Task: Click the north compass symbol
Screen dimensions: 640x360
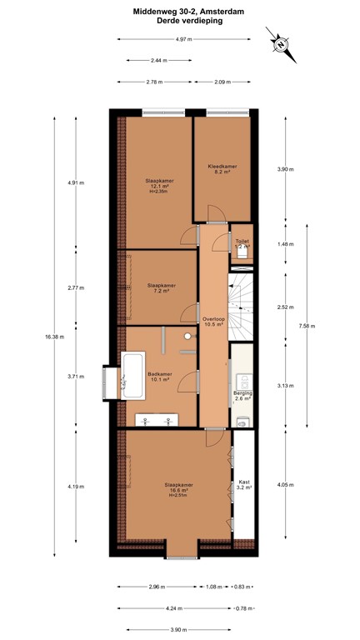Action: [282, 44]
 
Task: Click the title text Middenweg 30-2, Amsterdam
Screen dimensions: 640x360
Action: [179, 12]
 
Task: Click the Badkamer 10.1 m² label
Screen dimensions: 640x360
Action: [160, 377]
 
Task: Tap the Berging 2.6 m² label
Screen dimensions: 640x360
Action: [242, 395]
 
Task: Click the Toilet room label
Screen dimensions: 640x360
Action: [242, 242]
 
